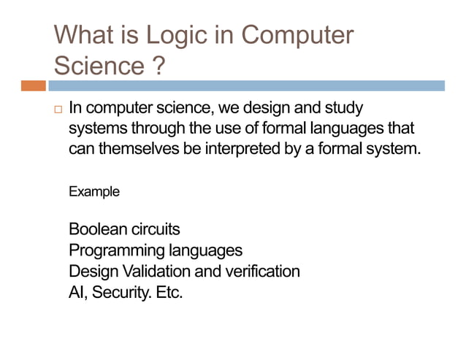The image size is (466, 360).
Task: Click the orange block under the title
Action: [33, 86]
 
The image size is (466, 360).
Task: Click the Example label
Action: [93, 192]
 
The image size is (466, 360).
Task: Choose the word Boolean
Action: [98, 230]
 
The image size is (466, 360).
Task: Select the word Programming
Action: [117, 250]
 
